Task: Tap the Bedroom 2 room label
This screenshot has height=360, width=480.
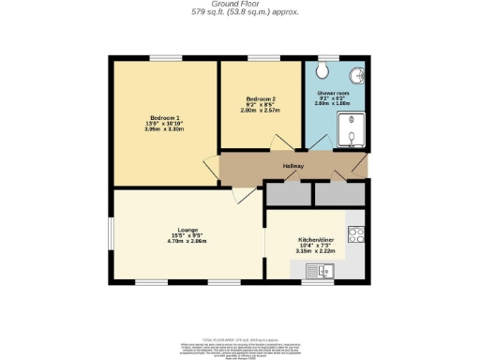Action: pyautogui.click(x=262, y=98)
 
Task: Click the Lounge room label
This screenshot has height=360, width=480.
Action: pyautogui.click(x=187, y=228)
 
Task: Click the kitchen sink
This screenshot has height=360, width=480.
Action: pyautogui.click(x=316, y=271)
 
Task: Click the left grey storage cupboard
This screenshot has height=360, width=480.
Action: pyautogui.click(x=288, y=193)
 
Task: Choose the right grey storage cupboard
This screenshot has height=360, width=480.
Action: pyautogui.click(x=338, y=193)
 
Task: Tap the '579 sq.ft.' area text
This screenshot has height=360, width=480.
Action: pyautogui.click(x=217, y=13)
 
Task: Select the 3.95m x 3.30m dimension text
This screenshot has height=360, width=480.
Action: pyautogui.click(x=165, y=128)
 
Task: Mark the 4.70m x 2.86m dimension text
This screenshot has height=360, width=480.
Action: pyautogui.click(x=187, y=241)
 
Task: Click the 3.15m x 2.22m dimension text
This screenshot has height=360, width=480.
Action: pyautogui.click(x=315, y=251)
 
